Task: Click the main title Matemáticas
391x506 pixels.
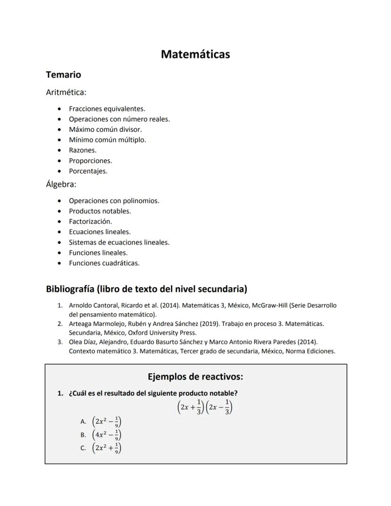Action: (x=195, y=54)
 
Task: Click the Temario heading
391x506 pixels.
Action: (x=63, y=75)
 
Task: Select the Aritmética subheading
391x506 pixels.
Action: (x=66, y=93)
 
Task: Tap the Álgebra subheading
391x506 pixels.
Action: (x=61, y=184)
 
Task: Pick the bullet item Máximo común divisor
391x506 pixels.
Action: (x=105, y=129)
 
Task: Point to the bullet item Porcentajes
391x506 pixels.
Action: (x=88, y=171)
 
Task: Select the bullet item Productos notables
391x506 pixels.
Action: (x=100, y=211)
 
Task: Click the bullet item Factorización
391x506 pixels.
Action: (x=90, y=222)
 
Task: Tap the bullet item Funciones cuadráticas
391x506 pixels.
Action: (x=104, y=263)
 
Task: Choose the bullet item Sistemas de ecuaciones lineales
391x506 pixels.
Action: (x=119, y=242)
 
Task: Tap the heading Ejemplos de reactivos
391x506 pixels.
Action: (x=195, y=377)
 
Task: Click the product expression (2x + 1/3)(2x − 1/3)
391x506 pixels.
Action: (x=205, y=407)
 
